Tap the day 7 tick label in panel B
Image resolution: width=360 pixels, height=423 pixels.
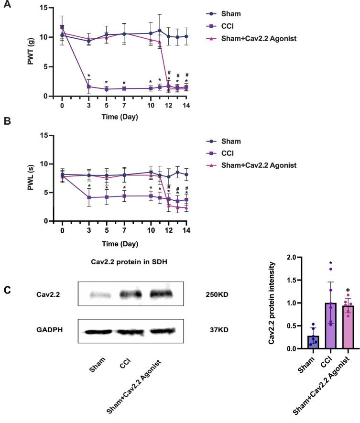pos(124,231)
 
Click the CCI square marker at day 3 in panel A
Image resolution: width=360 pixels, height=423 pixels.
pos(88,87)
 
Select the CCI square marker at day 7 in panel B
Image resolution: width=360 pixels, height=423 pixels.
pos(124,196)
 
